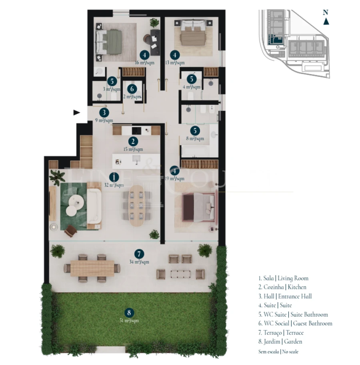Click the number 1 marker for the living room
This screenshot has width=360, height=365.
[x=114, y=176]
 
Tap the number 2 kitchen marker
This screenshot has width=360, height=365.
[x=133, y=141]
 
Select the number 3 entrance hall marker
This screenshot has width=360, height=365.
[x=104, y=112]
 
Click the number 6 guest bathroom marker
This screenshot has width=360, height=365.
[x=132, y=89]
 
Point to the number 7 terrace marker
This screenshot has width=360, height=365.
[x=139, y=254]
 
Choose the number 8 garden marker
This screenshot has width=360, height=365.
[x=129, y=313]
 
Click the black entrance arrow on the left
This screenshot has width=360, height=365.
[x=77, y=112]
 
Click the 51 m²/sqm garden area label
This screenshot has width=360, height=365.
[x=129, y=321]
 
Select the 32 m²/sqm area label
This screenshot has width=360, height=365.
[x=114, y=185]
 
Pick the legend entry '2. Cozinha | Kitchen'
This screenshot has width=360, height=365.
[x=282, y=287]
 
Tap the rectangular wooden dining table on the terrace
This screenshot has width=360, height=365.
[x=92, y=268]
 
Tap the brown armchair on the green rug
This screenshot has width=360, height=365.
[x=70, y=231]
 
